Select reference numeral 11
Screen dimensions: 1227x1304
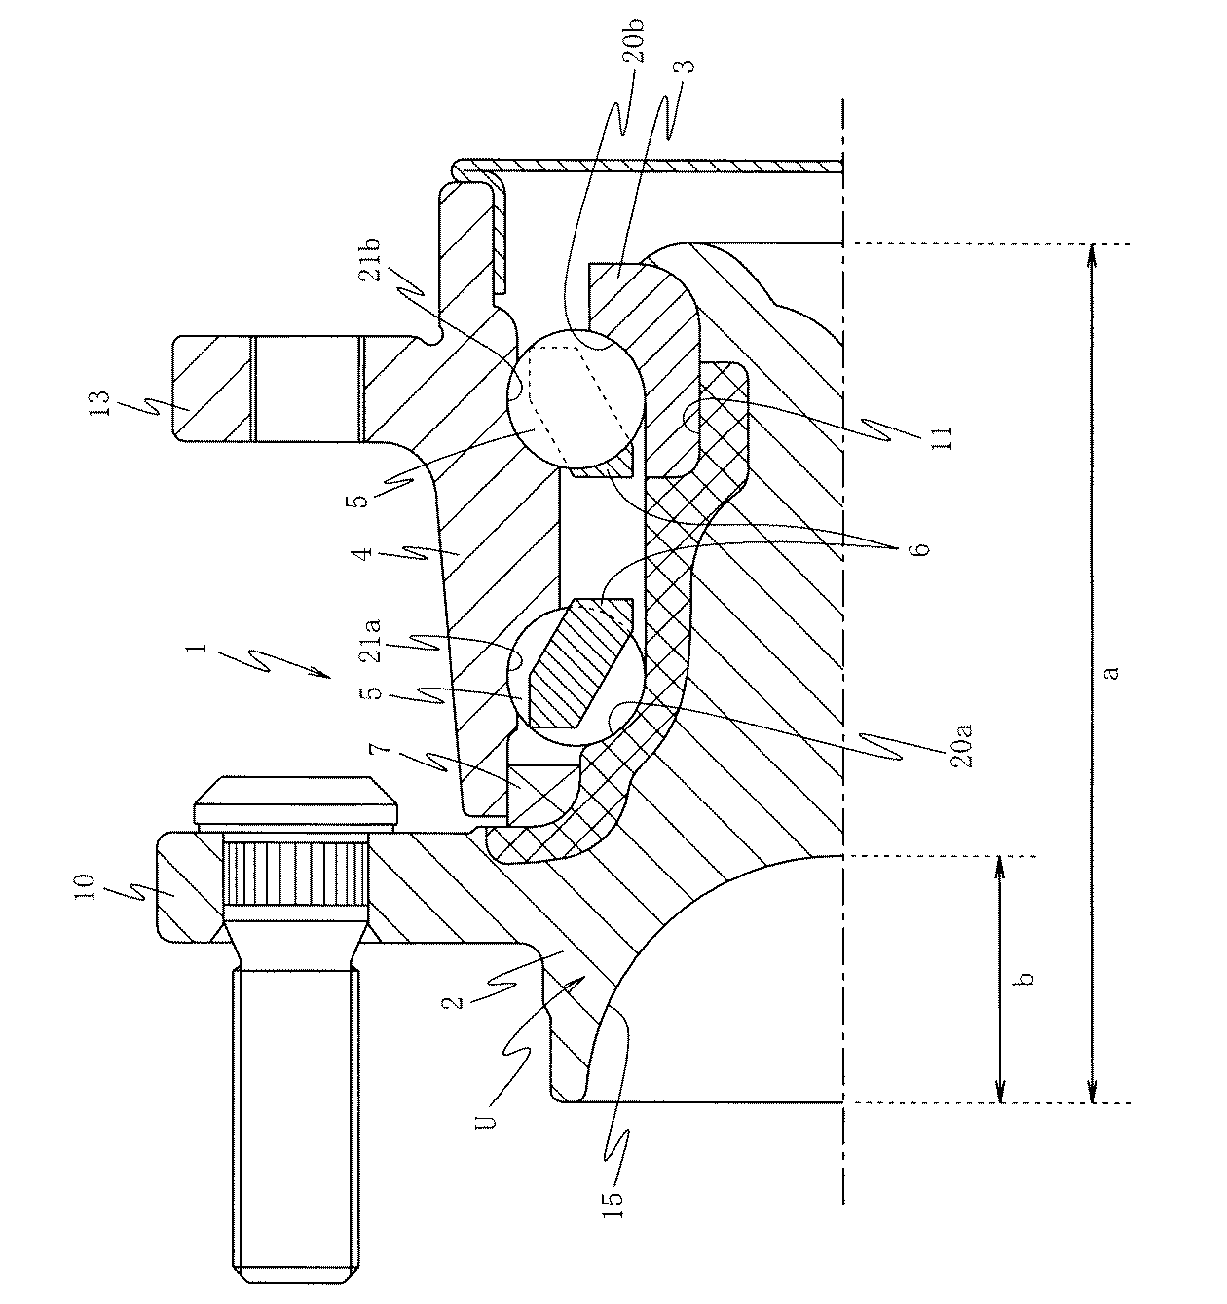[x=942, y=439]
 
